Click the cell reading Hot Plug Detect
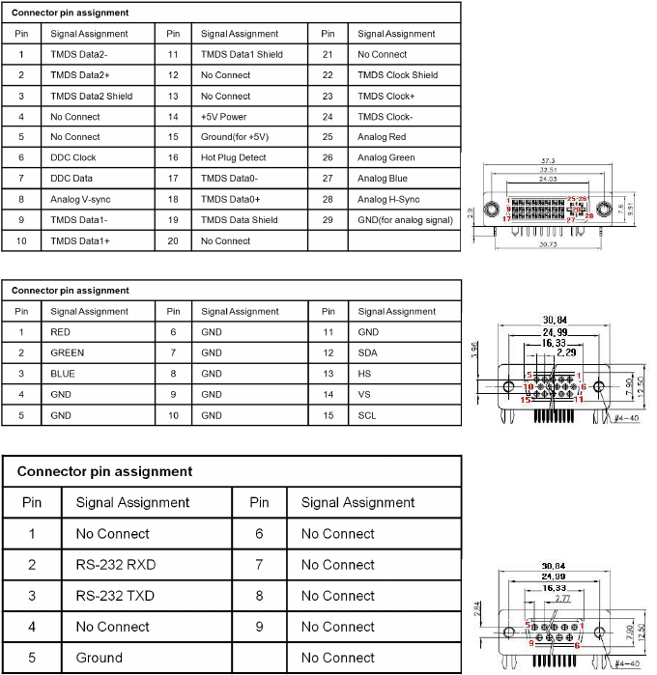point(233,157)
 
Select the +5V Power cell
point(224,117)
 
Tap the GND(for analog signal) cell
point(405,220)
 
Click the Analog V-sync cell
point(81,199)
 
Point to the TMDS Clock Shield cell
point(397,75)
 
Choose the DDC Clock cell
point(73,157)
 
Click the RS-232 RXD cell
point(114,565)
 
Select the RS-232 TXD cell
point(114,596)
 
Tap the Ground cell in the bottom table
point(100,658)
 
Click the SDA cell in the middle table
point(367,352)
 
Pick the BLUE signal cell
point(64,374)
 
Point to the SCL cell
point(366,415)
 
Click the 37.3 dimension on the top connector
point(548,161)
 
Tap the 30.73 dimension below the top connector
point(548,244)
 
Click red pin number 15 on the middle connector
point(526,399)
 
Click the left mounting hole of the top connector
point(491,210)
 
